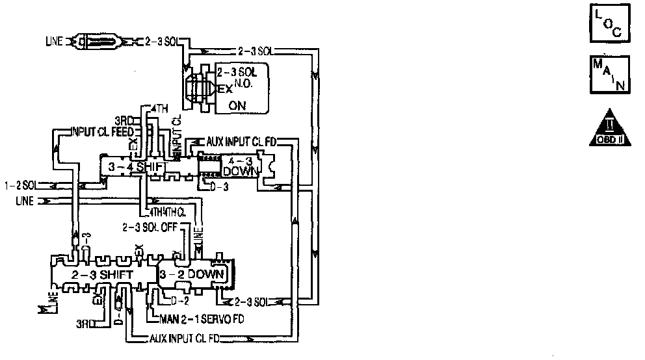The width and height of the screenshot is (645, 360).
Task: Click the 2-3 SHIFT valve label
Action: coord(103,275)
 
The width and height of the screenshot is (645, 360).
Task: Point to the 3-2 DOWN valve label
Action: coord(192,275)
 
